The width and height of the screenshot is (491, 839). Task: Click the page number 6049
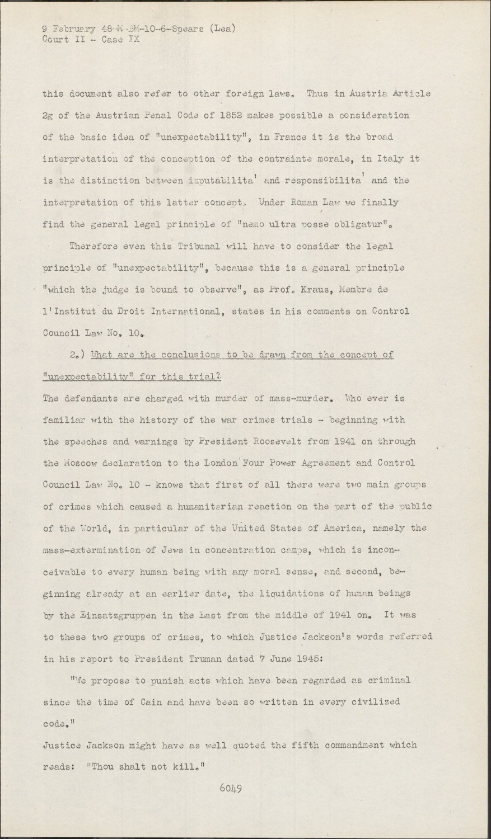(x=230, y=789)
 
